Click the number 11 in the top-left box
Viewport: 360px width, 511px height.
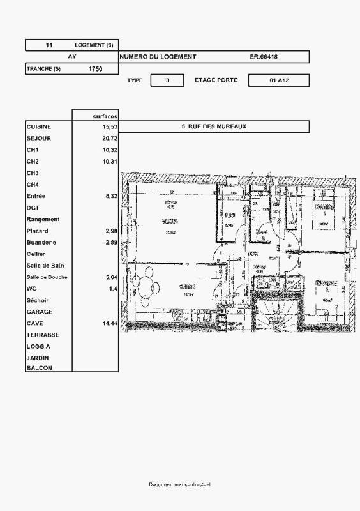pos(49,45)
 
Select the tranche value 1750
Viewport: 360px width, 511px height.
pos(95,68)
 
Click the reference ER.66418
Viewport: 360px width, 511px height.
pos(264,57)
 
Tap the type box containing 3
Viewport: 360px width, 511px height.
pos(167,80)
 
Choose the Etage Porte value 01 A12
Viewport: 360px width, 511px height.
pos(279,80)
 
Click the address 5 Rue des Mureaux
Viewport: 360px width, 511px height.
pos(214,126)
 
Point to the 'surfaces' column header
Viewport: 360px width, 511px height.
pos(105,116)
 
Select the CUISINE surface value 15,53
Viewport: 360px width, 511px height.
pos(110,127)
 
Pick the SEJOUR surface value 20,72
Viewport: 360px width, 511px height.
pos(110,139)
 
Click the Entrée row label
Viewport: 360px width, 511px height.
pos(36,197)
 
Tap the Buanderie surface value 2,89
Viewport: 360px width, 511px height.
pos(111,243)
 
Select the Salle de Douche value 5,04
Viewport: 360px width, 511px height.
pos(111,278)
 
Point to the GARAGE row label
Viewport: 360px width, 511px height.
pos(40,312)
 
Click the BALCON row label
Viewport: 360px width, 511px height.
pos(39,368)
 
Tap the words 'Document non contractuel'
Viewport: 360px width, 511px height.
pos(179,485)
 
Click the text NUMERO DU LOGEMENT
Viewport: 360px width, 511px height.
pos(158,57)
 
